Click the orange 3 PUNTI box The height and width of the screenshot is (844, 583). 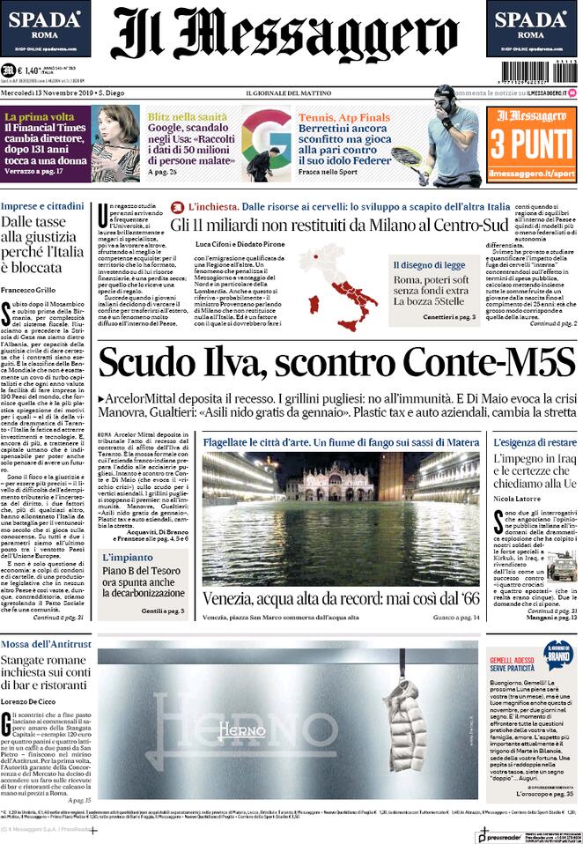tap(534, 144)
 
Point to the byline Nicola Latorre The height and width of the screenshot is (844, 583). tap(517, 498)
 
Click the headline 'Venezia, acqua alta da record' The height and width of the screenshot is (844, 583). tap(340, 598)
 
